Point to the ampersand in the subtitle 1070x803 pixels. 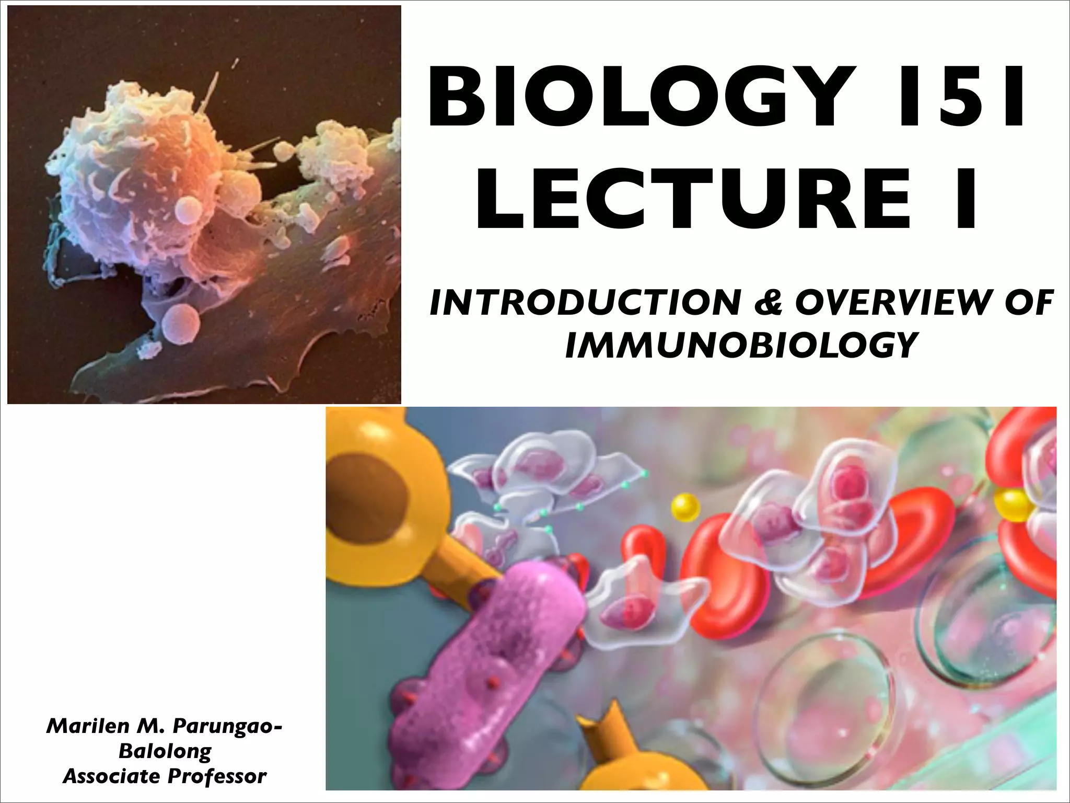coord(766,303)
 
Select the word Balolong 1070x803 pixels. coord(165,751)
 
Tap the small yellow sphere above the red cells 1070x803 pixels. coord(685,507)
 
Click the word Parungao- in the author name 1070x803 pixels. coord(227,726)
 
